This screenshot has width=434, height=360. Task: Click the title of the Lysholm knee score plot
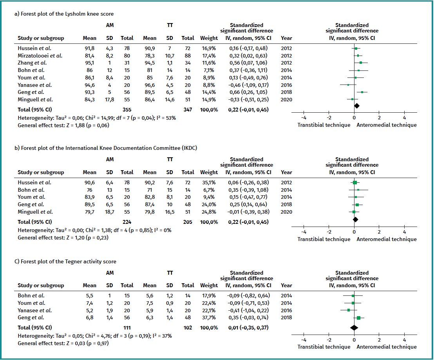coord(64,14)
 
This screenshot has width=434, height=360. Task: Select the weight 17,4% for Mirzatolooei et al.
coord(209,56)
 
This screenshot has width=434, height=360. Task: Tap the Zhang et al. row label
coord(32,63)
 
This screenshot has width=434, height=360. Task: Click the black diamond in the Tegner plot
coord(354,328)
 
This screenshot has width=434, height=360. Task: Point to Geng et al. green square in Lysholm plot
coord(362,92)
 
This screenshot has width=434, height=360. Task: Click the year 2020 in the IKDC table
coord(286,212)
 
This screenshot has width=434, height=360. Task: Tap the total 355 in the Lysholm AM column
coord(127,110)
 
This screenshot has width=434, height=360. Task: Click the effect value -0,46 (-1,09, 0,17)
coord(248,85)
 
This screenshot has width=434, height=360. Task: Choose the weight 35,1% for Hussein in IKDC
coord(209,182)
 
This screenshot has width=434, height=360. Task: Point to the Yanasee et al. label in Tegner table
coord(35,310)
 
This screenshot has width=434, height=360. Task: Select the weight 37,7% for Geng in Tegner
coord(209,318)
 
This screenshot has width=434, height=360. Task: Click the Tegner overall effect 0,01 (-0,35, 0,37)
coord(248,328)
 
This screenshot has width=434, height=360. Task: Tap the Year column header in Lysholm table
coord(286,38)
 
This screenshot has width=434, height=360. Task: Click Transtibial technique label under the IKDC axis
coord(324,239)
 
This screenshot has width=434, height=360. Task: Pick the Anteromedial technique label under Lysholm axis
coord(387,125)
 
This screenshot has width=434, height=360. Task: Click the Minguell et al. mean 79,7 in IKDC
coord(89,212)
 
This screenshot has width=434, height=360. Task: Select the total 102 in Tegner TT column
coord(188,328)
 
